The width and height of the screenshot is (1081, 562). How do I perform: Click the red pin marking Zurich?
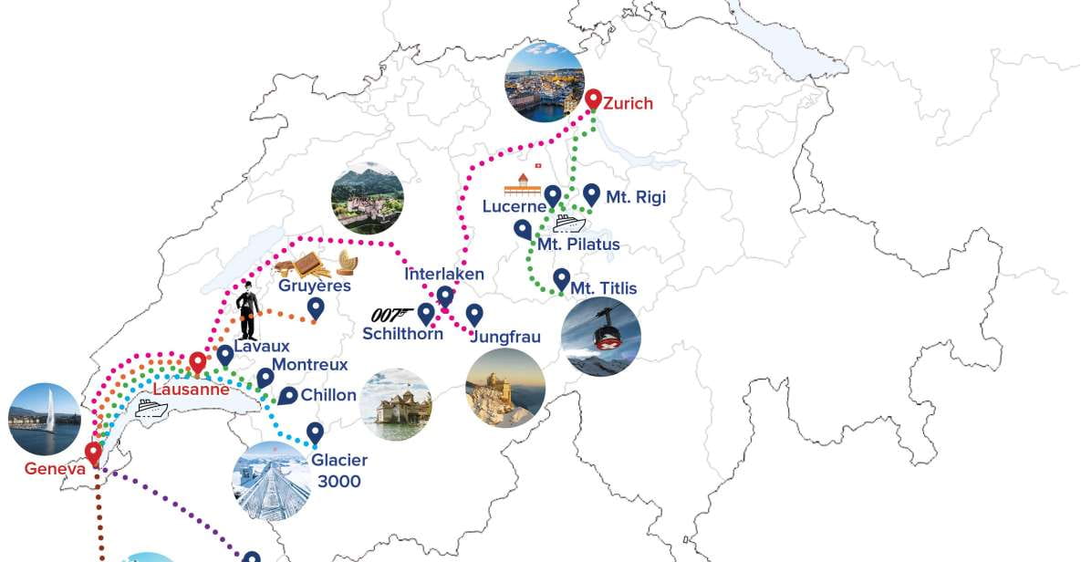tap(593, 99)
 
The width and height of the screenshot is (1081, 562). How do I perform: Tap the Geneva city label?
tap(56, 469)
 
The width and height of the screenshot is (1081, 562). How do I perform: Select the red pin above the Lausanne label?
tap(197, 362)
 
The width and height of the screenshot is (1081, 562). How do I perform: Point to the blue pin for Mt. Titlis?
tap(562, 278)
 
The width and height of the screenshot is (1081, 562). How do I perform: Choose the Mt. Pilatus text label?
tap(578, 245)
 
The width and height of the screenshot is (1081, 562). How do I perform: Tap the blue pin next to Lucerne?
tap(552, 195)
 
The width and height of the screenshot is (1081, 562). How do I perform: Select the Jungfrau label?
tap(505, 337)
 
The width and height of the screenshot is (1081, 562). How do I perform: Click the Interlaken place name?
tap(444, 274)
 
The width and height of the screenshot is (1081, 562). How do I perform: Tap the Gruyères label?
tap(315, 286)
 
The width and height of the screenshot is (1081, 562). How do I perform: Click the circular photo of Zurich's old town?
tap(544, 82)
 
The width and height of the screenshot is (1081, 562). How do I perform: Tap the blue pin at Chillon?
tap(288, 395)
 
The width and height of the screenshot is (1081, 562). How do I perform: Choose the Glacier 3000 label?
tap(339, 471)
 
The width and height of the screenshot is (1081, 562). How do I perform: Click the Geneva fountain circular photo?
tap(44, 420)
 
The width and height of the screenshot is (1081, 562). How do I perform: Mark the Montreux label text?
tap(310, 364)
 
